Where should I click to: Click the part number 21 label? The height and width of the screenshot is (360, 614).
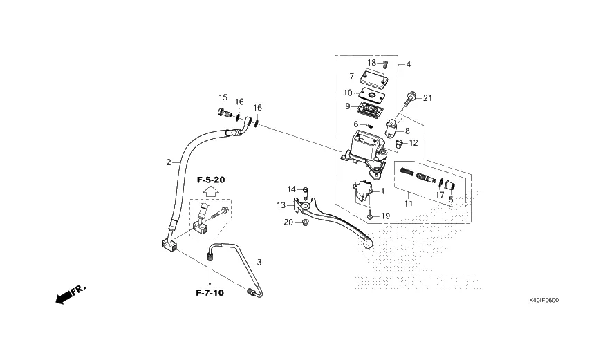427,98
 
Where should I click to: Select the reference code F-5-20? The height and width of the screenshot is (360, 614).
211,180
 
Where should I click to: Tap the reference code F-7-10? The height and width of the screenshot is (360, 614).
209,293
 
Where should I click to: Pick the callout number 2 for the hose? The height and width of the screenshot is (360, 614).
168,162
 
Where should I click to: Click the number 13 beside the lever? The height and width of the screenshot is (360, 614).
281,205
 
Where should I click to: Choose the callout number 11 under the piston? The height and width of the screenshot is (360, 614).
409,204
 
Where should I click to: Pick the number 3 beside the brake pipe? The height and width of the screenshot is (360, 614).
259,263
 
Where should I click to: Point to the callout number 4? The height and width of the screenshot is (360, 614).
408,64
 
